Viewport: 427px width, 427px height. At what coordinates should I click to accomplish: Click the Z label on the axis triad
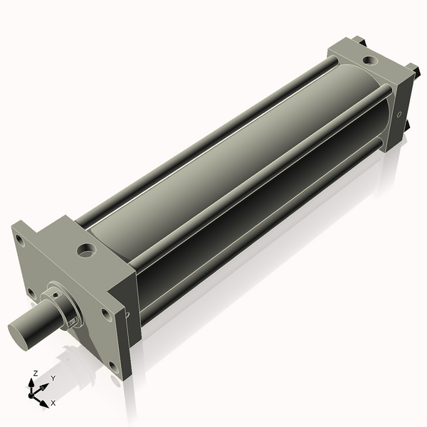(x=36, y=373)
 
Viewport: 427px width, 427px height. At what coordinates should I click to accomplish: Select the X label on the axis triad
(x=53, y=403)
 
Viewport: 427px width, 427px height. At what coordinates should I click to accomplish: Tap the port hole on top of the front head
(x=87, y=250)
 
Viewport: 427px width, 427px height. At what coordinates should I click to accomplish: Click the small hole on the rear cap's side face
(x=400, y=114)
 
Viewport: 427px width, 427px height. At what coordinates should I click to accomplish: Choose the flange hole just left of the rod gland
(x=31, y=292)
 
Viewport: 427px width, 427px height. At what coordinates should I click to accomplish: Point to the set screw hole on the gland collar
(x=70, y=322)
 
